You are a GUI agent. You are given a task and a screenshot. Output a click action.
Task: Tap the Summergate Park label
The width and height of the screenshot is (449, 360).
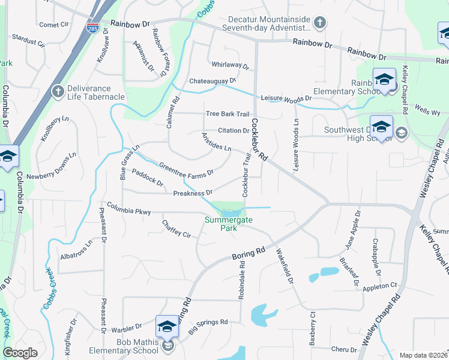click(x=229, y=224)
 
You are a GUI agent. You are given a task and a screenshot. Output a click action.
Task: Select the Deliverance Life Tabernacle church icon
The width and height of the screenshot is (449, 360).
click(x=58, y=91)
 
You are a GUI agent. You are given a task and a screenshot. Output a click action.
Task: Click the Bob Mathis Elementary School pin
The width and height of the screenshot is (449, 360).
click(x=167, y=327)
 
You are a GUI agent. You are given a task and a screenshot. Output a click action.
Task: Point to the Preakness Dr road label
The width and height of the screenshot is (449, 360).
click(x=193, y=193)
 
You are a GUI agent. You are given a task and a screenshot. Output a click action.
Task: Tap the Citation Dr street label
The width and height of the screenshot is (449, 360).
click(x=233, y=130)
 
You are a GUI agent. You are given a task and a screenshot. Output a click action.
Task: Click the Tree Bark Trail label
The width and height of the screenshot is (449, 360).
click(x=227, y=114)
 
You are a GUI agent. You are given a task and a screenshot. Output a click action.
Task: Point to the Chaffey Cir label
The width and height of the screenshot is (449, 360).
click(x=176, y=229)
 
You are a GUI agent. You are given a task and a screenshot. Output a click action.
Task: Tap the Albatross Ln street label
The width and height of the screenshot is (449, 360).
click(x=76, y=251)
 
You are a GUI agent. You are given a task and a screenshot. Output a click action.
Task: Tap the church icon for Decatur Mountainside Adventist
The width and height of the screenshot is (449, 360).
click(x=320, y=23)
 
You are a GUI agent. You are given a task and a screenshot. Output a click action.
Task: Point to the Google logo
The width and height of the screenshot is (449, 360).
click(x=20, y=353)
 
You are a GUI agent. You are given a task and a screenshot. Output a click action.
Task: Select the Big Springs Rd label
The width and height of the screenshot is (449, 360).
click(x=208, y=326)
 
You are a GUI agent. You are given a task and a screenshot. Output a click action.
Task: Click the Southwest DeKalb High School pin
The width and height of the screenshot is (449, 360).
click(x=381, y=127)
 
